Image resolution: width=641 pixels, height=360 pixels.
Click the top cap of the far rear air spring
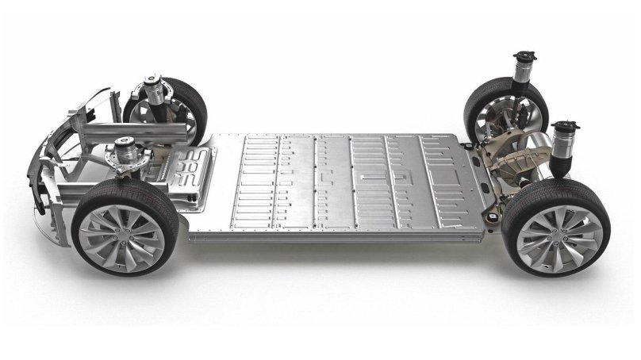(x=524, y=56)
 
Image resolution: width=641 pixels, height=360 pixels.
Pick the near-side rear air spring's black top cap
(x=566, y=126)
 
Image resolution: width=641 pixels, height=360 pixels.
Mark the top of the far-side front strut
(x=152, y=82)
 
